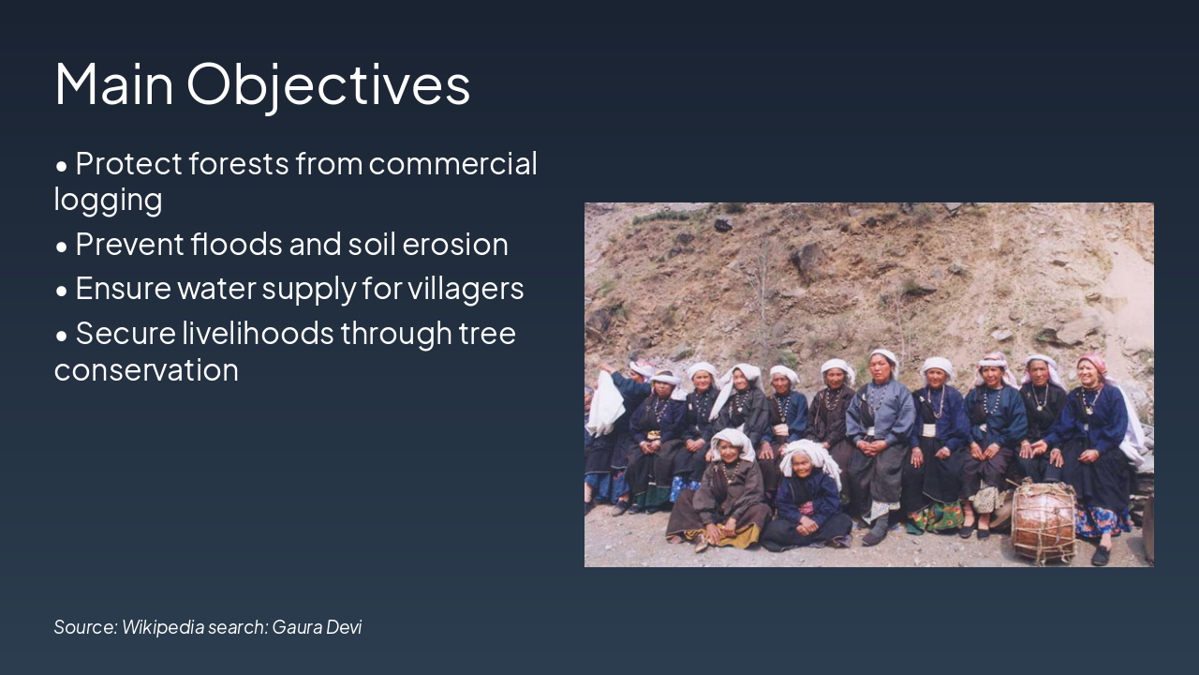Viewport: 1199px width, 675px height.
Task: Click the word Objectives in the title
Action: (328, 84)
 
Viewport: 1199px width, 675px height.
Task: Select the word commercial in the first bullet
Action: (452, 163)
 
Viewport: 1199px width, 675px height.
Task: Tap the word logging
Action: (108, 200)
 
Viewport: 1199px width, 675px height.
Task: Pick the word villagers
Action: (465, 289)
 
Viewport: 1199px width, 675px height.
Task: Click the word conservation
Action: (146, 369)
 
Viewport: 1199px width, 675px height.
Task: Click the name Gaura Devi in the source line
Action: (317, 627)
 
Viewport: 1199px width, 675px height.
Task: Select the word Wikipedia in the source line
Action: (163, 627)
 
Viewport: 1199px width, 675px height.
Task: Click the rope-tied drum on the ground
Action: (1044, 520)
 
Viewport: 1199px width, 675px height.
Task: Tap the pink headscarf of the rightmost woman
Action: (1092, 364)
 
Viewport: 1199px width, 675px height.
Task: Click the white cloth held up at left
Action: (605, 403)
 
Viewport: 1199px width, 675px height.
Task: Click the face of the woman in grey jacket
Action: (881, 369)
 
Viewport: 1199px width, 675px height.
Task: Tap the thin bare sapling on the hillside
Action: (763, 281)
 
